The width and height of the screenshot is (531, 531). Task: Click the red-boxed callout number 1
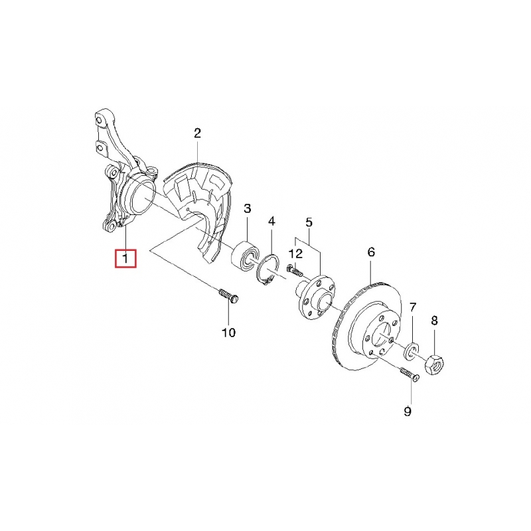tap(125, 259)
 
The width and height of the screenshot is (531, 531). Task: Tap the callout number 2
tap(197, 133)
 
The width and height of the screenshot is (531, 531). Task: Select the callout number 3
tap(248, 208)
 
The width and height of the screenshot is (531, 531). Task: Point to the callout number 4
tap(271, 222)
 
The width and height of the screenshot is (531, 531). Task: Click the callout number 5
tap(309, 222)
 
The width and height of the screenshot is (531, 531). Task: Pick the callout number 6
tap(371, 252)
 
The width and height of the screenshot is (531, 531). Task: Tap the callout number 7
tap(412, 307)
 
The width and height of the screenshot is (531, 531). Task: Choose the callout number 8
tap(434, 320)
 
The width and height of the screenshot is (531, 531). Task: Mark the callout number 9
tap(408, 412)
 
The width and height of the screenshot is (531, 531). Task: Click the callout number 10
tap(228, 333)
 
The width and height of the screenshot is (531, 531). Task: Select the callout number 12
tap(295, 254)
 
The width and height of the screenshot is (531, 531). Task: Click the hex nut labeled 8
tap(434, 364)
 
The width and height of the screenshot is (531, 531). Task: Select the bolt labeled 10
tap(229, 295)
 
